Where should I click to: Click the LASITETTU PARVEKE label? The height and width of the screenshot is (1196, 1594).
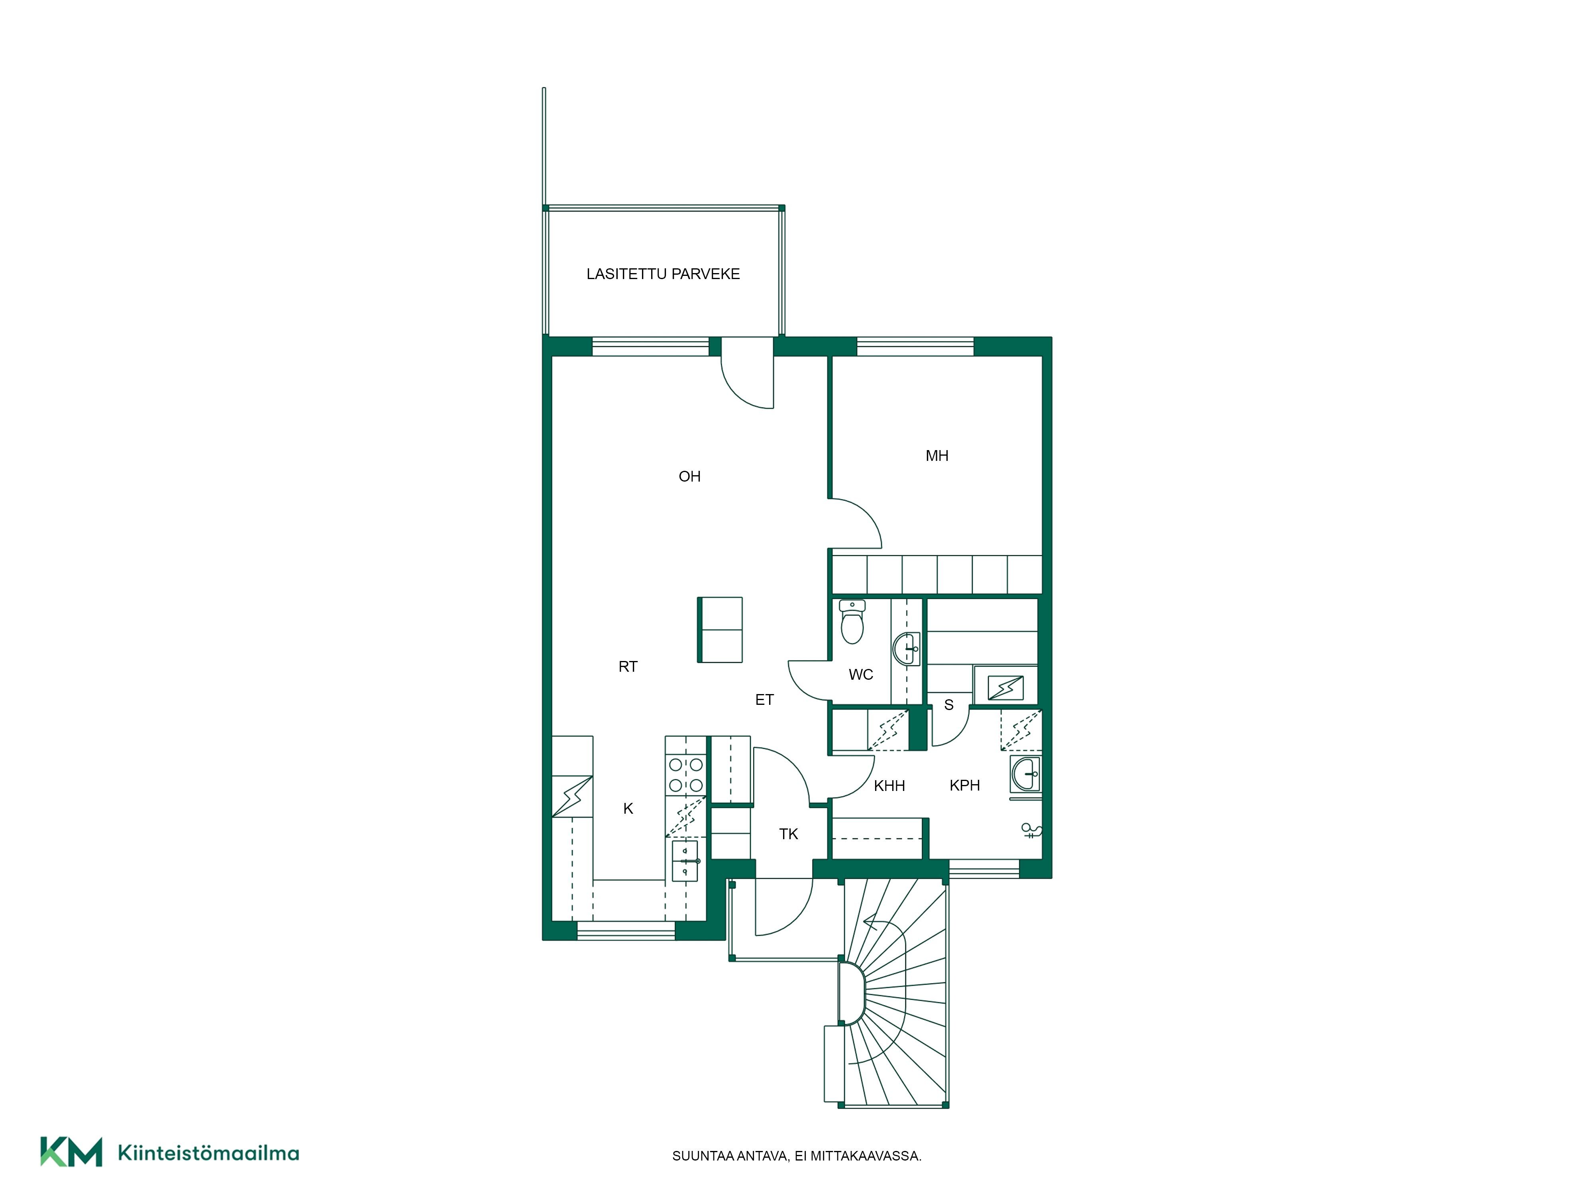pos(663,274)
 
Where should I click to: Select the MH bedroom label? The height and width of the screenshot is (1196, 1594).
pos(937,456)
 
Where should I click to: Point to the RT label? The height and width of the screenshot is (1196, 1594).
pos(628,667)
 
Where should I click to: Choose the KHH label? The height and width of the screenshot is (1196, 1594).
pos(889,786)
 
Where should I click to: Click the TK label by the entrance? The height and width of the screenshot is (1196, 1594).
pos(788,834)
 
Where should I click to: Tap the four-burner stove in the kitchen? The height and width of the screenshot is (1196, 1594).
pos(686,775)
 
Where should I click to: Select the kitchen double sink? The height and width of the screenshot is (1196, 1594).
pos(685,861)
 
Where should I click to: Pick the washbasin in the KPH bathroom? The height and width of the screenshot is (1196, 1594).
pos(1025,774)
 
